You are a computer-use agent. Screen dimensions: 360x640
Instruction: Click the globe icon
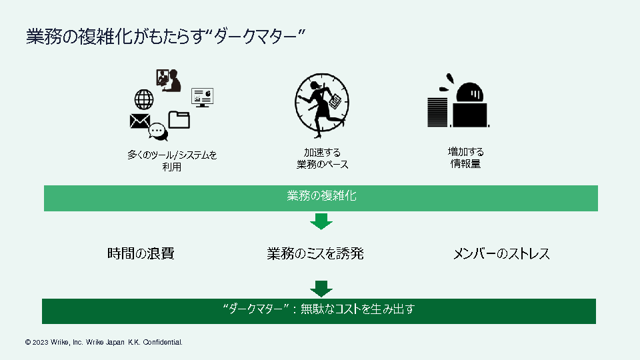coord(144,99)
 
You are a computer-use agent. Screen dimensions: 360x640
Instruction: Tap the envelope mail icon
coord(139,121)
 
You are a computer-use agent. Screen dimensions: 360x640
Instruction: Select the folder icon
coord(179,119)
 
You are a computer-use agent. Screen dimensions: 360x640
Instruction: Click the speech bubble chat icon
coord(158,132)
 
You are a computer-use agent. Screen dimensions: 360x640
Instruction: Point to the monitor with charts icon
coord(202,97)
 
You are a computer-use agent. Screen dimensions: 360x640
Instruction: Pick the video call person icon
coord(168,80)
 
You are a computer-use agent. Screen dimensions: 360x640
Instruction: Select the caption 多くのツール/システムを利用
coord(172,161)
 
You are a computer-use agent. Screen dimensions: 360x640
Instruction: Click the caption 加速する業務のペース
coord(322,159)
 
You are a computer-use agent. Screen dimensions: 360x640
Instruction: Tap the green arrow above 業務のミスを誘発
coord(321,221)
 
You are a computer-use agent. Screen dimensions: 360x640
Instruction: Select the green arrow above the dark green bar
coord(321,288)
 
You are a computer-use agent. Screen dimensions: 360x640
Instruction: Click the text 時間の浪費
coord(141,254)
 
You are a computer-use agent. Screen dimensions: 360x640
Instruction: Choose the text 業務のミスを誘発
coord(315,254)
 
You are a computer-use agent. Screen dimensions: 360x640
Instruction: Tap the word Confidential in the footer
coord(161,342)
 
